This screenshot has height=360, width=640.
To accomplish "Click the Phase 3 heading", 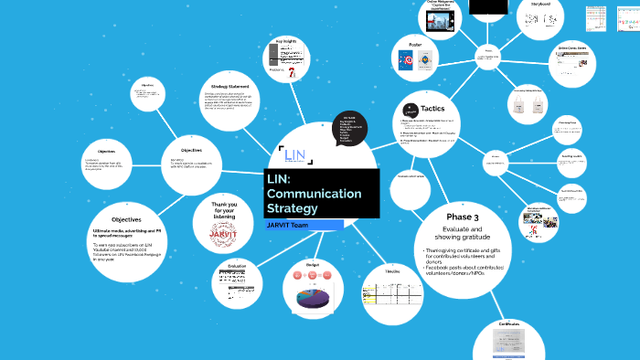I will click(x=464, y=216).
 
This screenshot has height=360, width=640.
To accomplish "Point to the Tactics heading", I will click(x=432, y=109).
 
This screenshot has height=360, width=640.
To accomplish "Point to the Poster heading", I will click(x=415, y=45).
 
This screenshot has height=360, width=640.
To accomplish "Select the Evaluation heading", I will click(x=238, y=266).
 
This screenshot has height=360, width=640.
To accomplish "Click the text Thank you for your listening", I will click(x=224, y=211).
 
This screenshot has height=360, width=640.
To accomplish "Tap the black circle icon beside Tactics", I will click(x=407, y=107).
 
